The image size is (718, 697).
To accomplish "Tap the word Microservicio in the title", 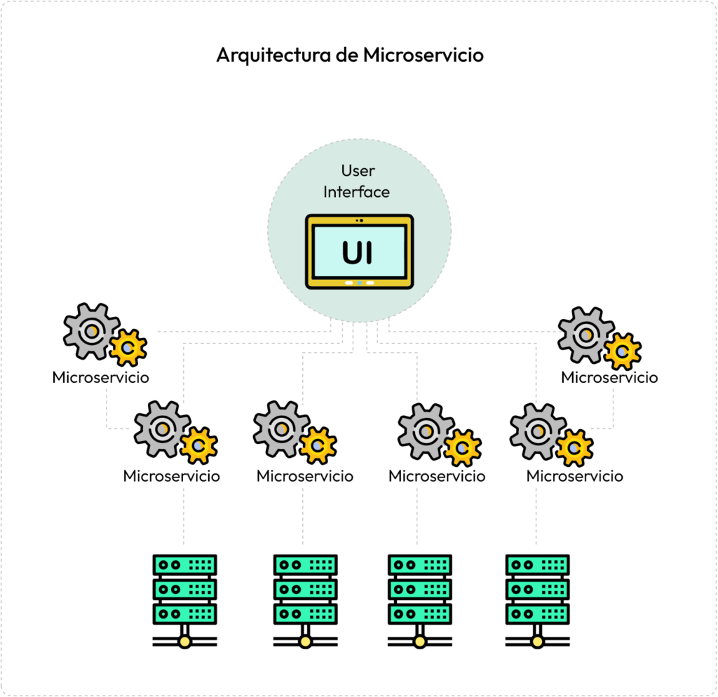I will pyautogui.click(x=423, y=55).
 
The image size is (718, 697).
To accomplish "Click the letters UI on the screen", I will pyautogui.click(x=358, y=252).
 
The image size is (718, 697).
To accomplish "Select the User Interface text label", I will pyautogui.click(x=357, y=181).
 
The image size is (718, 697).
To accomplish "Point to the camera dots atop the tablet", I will pyautogui.click(x=359, y=221).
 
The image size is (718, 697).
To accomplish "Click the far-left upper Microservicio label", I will pyautogui.click(x=100, y=377).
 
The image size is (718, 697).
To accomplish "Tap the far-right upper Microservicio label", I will pyautogui.click(x=609, y=377).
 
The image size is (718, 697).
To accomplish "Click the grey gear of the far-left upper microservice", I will pyautogui.click(x=90, y=330).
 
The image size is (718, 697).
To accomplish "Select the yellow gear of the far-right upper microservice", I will pyautogui.click(x=622, y=351).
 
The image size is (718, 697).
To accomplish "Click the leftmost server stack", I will pyautogui.click(x=184, y=591).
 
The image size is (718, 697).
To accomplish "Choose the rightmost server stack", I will pyautogui.click(x=537, y=591).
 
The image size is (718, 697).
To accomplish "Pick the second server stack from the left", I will pyautogui.click(x=305, y=591).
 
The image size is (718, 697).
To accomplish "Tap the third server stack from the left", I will pyautogui.click(x=419, y=591).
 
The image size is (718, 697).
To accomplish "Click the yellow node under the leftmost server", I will pyautogui.click(x=184, y=641).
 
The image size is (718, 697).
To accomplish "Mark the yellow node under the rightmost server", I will pyautogui.click(x=537, y=641).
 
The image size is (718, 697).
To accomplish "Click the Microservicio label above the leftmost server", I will pyautogui.click(x=171, y=476).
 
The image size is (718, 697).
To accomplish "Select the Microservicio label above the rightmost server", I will pyautogui.click(x=574, y=476).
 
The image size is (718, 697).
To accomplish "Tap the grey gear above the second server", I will pyautogui.click(x=280, y=428).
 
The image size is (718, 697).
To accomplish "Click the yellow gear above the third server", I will pyautogui.click(x=462, y=447).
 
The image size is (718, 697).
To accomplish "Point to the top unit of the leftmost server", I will pyautogui.click(x=184, y=565).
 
